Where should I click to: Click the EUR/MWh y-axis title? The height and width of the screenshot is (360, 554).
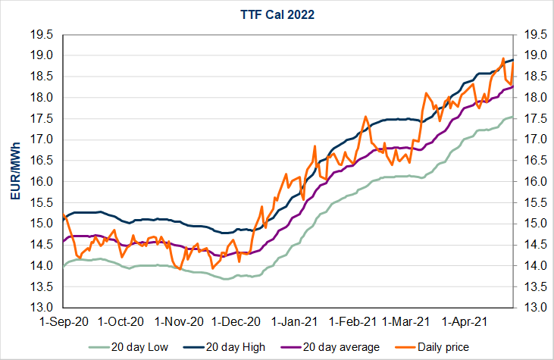(16, 171)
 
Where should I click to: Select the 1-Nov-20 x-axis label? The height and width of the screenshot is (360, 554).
(181, 321)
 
